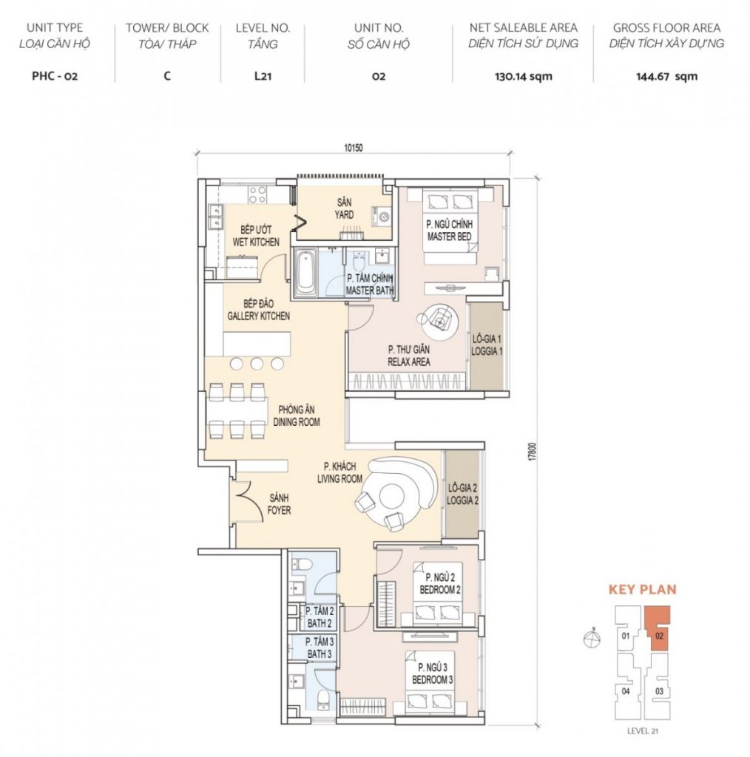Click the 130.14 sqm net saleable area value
click(523, 76)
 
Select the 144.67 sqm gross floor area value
click(666, 76)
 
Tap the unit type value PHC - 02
click(55, 76)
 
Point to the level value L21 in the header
click(263, 76)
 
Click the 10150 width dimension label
click(353, 148)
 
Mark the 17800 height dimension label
click(533, 451)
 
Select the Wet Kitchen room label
click(256, 236)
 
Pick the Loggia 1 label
click(487, 345)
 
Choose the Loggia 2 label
click(462, 495)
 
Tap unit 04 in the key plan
click(626, 691)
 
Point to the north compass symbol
click(592, 638)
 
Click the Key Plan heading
click(642, 589)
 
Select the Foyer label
click(279, 503)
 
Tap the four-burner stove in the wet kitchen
click(257, 194)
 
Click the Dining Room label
click(297, 415)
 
